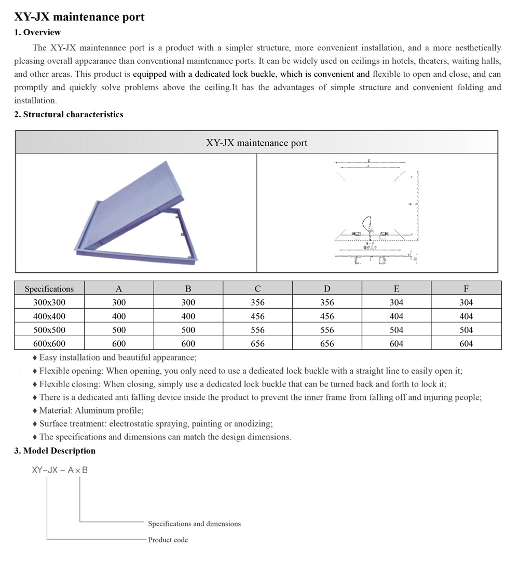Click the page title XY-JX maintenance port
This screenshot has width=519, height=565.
79,17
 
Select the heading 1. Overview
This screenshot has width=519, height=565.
37,32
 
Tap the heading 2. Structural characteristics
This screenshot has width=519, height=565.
69,114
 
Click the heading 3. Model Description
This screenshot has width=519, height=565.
54,450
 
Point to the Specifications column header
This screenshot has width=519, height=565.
49,288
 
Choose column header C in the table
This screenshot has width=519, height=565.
257,288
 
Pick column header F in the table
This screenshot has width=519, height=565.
466,288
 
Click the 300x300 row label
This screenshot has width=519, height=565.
49,302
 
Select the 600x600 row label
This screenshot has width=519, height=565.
49,343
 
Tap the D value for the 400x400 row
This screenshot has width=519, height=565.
327,316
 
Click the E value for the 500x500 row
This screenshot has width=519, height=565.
397,330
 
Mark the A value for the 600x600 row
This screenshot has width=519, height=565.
119,343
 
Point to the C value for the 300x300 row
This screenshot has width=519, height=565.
257,302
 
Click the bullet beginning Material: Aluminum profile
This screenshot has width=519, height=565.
91,410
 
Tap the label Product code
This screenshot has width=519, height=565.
168,540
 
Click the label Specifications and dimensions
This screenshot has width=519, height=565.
194,523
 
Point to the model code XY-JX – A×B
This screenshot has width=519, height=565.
60,470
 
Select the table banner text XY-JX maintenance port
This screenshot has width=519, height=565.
256,143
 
